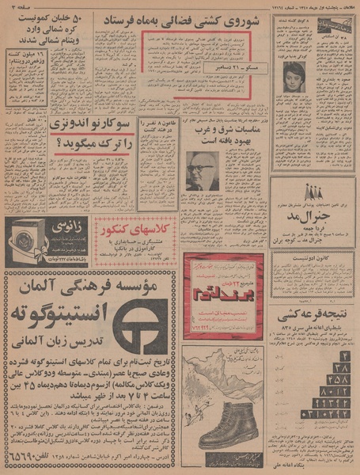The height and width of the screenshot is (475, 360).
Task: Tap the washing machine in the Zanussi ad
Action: pyautogui.click(x=26, y=239)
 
